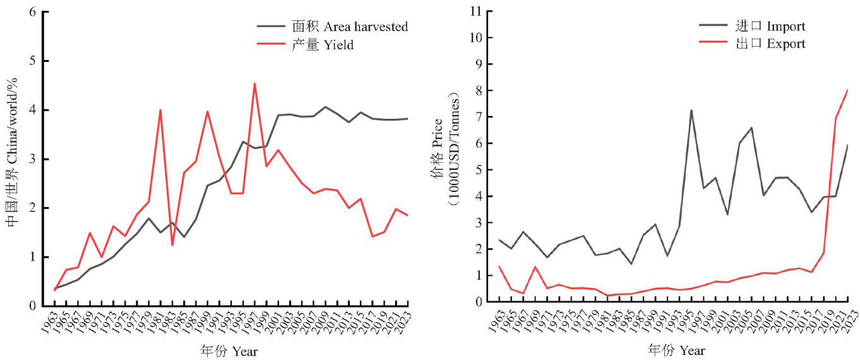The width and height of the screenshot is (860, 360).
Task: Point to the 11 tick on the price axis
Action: coord(475,11)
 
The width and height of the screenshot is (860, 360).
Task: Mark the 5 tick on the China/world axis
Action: coord(30,61)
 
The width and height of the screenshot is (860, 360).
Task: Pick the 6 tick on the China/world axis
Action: coord(30,12)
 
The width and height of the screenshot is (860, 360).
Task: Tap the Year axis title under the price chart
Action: coord(676,350)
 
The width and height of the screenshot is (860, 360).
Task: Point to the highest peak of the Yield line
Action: coord(254,83)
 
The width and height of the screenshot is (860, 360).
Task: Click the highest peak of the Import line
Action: coord(691,111)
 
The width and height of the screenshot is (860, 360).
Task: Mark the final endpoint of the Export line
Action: coord(847,90)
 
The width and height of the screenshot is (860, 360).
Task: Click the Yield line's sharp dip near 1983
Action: coord(172,245)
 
